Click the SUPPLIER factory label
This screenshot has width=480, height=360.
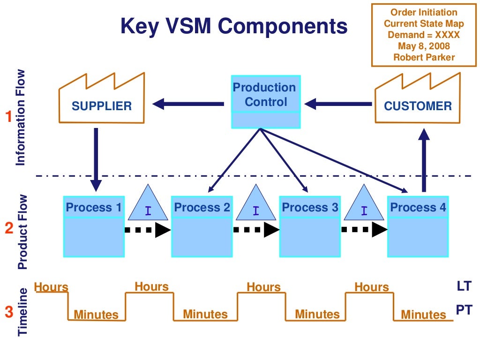tap(101, 106)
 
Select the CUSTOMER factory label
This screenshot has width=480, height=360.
tap(418, 106)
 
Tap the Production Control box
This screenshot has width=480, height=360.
tap(266, 95)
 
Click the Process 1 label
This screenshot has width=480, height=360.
tap(94, 207)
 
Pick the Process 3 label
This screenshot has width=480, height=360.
tap(310, 207)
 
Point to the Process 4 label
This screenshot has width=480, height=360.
tap(418, 207)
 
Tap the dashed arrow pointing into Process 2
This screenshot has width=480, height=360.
tap(147, 230)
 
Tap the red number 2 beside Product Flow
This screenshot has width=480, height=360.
tap(8, 229)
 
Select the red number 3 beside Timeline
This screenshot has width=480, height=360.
tap(8, 311)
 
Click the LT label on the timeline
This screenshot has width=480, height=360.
tap(464, 286)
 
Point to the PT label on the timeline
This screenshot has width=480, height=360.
tap(464, 309)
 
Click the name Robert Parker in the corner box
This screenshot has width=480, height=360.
tap(424, 57)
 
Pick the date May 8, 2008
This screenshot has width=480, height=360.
tap(424, 46)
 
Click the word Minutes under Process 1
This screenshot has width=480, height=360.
tap(96, 315)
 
